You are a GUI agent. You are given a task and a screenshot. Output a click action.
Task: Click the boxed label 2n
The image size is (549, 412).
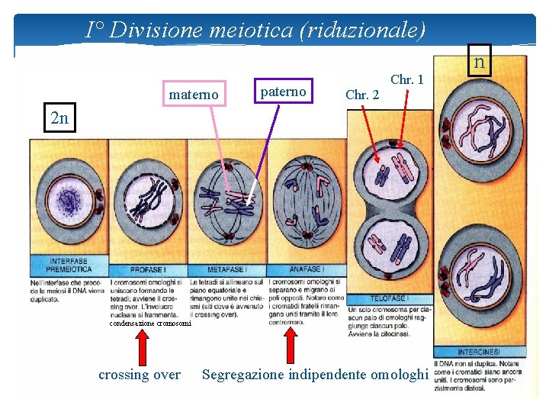[59, 118]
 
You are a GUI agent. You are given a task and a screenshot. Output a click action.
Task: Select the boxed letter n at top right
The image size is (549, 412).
[480, 62]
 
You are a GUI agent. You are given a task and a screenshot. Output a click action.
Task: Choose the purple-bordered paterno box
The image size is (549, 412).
[283, 92]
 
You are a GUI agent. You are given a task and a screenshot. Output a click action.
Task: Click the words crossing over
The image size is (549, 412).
[140, 374]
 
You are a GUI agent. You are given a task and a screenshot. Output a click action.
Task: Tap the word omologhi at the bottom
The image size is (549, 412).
[399, 374]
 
